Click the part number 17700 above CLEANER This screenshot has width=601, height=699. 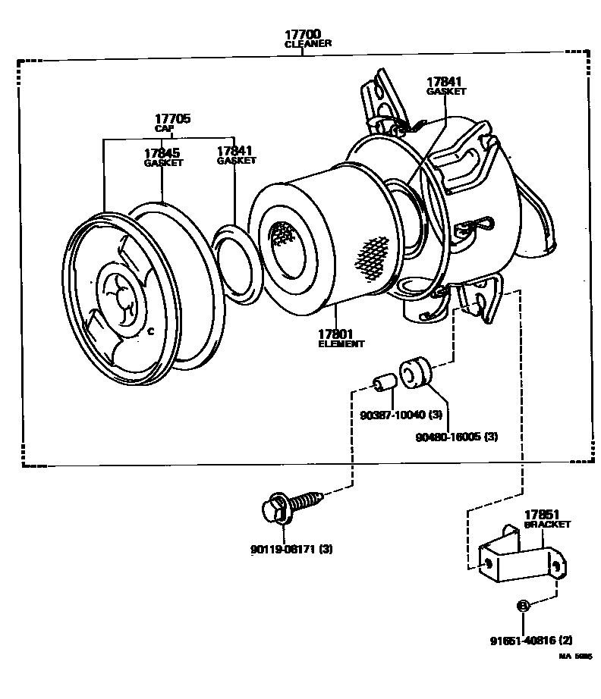(x=303, y=34)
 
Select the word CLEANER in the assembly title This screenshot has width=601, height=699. (x=307, y=44)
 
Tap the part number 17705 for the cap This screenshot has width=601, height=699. (x=172, y=119)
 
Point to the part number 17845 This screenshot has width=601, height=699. (x=162, y=153)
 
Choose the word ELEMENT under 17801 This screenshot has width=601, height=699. (x=341, y=343)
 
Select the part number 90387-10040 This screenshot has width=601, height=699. (x=393, y=414)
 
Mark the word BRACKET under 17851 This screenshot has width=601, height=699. (x=547, y=524)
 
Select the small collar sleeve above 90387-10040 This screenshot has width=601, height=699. (x=384, y=381)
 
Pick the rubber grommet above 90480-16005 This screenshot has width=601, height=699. (x=415, y=371)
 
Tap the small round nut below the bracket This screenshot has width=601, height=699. (x=523, y=605)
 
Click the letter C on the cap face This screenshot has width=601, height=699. (x=150, y=331)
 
